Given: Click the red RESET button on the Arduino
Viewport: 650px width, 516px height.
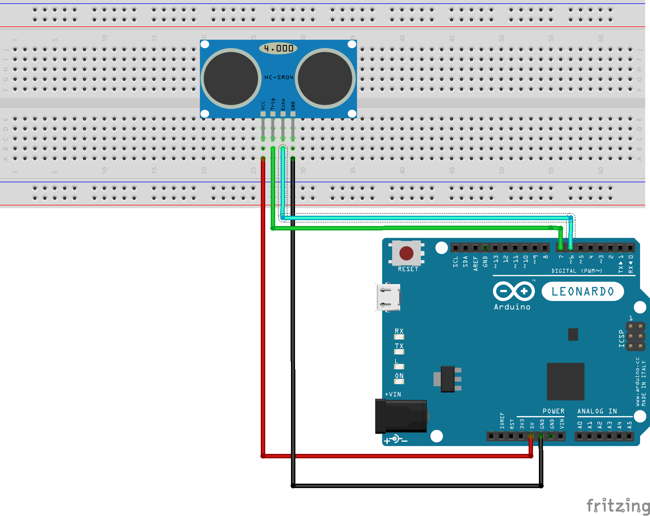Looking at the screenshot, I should point(406,253).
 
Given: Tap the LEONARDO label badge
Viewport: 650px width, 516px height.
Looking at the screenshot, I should point(583,291).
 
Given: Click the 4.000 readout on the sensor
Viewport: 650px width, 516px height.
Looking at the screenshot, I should point(278,48).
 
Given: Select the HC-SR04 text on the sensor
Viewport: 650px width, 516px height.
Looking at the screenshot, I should point(279,77).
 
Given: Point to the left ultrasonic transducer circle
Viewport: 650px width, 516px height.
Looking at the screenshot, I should point(231,78).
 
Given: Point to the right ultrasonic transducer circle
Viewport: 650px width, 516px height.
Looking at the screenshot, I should point(325,78).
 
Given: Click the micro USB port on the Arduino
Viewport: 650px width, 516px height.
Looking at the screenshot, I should point(388,297).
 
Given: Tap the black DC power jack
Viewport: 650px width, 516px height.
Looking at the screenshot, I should point(401,416).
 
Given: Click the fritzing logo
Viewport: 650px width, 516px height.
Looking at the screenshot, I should point(618,506).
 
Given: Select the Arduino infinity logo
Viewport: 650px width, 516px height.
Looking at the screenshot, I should point(514,291).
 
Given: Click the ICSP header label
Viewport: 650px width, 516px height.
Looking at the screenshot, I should point(621,338).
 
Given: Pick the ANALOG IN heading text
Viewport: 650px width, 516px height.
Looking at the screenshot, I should point(597,411).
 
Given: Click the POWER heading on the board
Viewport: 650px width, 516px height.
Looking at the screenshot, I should point(553,411).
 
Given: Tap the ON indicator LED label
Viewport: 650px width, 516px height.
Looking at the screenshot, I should point(399,376).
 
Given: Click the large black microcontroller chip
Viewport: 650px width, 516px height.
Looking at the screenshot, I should point(565,381).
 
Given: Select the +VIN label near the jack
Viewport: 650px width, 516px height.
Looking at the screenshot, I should point(393,394).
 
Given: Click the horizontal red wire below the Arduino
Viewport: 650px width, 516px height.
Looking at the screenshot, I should point(397,456).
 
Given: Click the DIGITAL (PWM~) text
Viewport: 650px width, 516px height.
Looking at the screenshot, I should point(576,271).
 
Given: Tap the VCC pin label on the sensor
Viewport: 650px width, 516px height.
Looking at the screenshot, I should point(263,105).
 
